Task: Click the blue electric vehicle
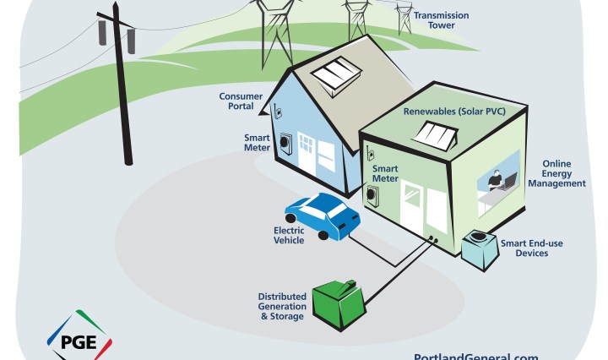pyautogui.click(x=323, y=215)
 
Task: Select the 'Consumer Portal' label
pyautogui.click(x=241, y=101)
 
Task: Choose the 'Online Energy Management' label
pyautogui.click(x=563, y=173)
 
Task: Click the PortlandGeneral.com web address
pyautogui.click(x=475, y=356)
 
